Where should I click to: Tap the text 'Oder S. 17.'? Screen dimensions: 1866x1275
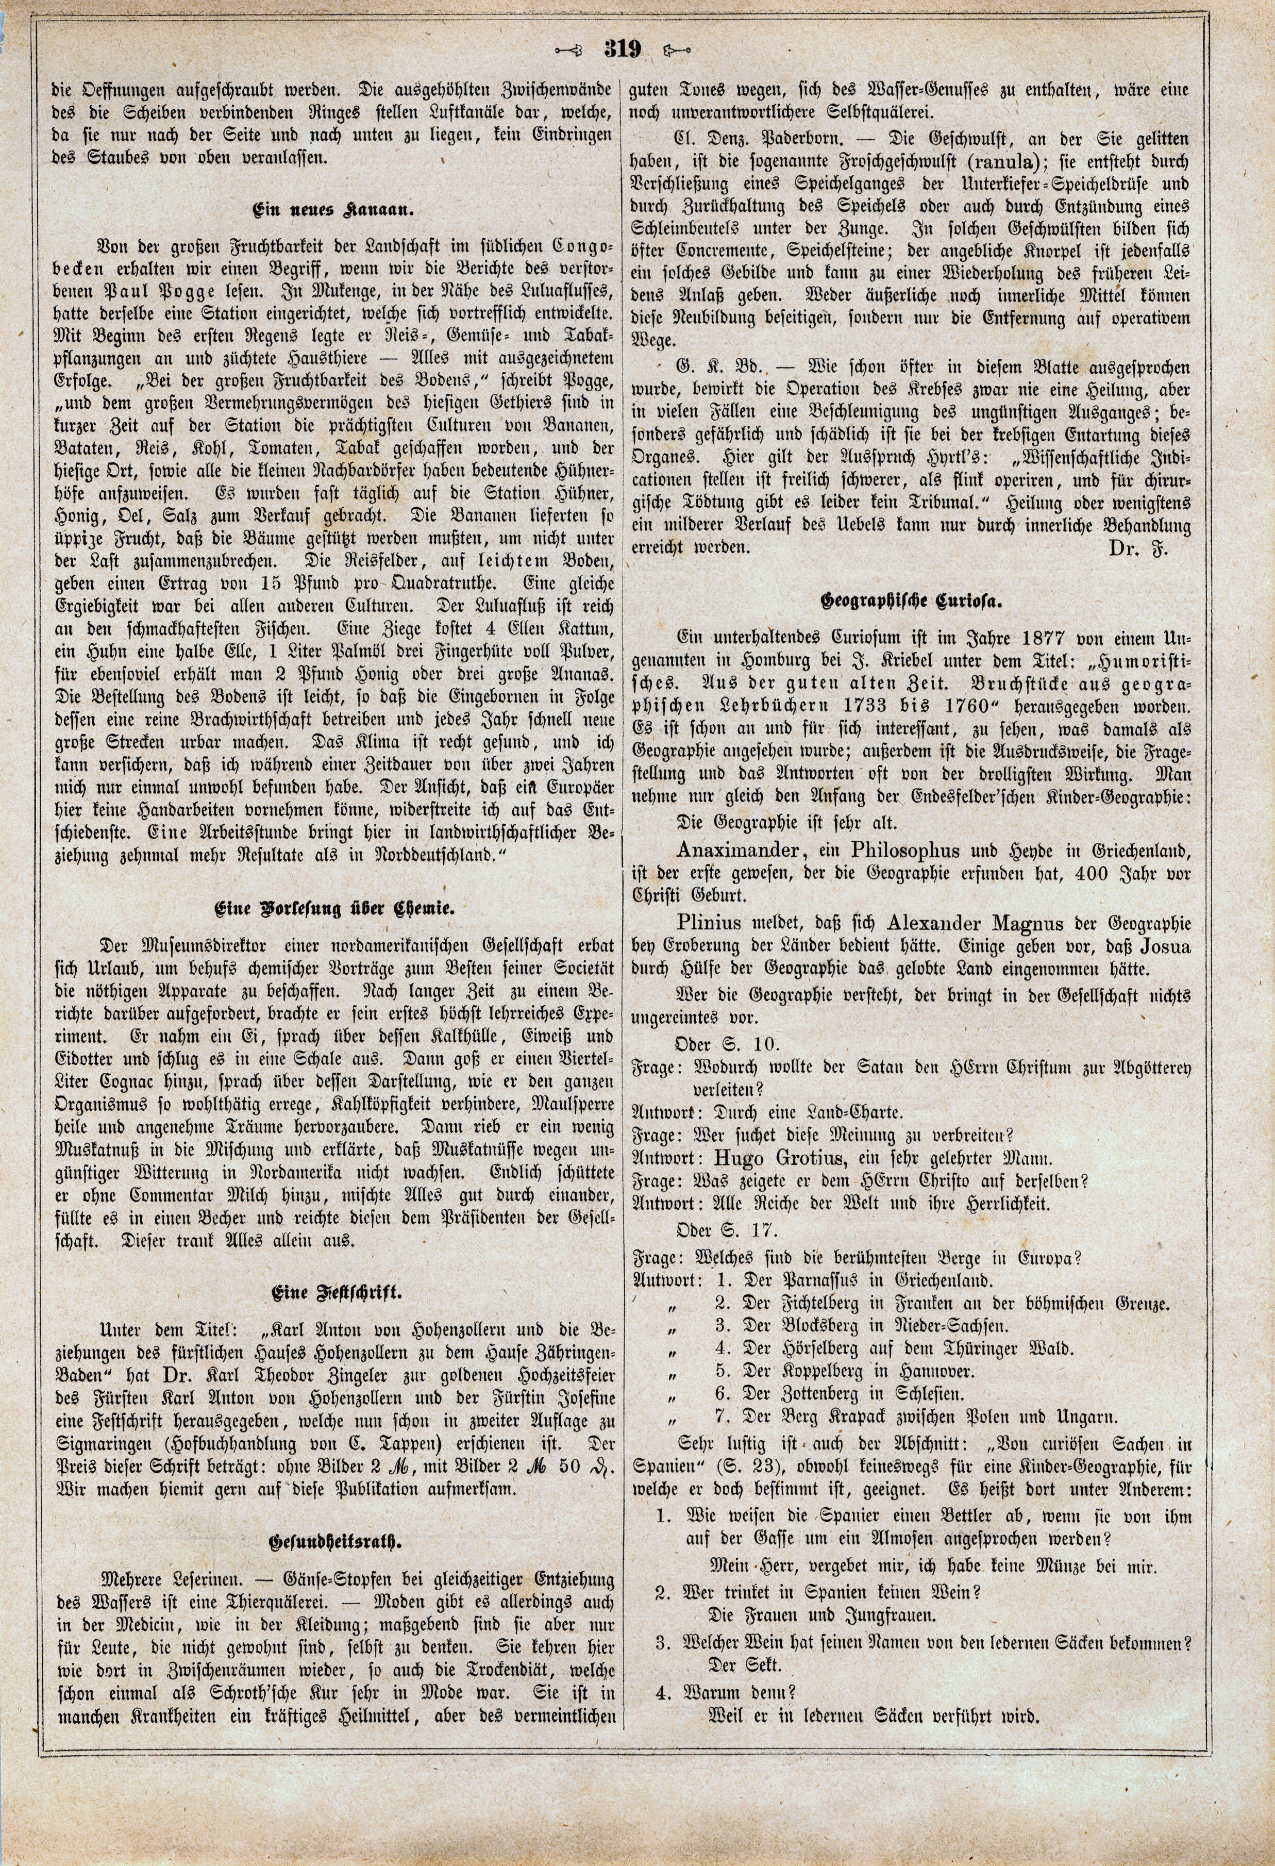pyautogui.click(x=727, y=1234)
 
